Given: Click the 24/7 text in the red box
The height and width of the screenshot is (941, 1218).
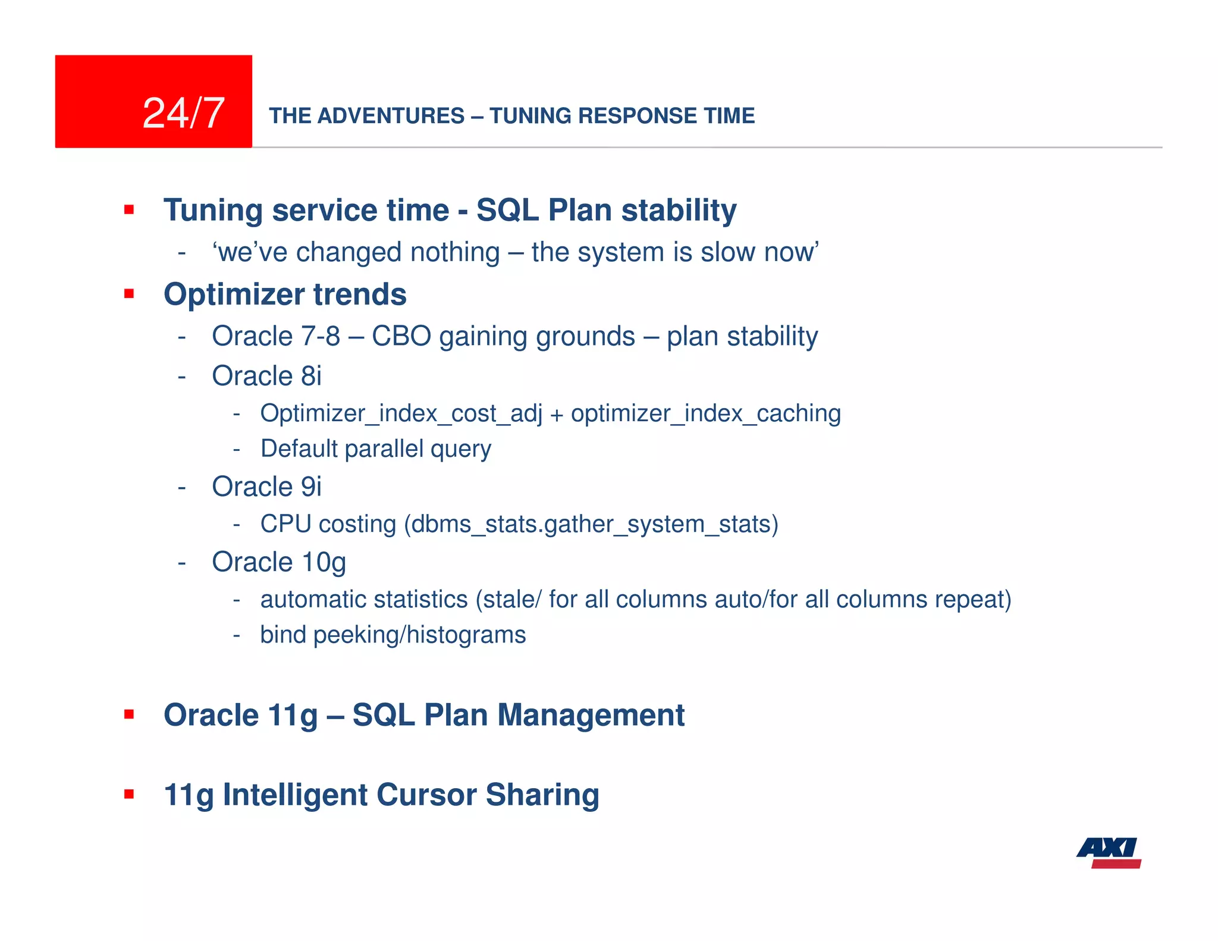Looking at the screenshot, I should coord(183,113).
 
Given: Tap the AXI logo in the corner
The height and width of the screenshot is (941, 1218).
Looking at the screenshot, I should coord(1109,852).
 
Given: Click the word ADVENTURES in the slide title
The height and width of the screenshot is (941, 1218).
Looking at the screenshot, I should coord(391,115).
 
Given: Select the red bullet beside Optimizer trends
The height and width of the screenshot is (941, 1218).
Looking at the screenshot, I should coord(129,294).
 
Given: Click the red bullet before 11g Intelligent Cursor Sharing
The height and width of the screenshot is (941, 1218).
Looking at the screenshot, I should coord(129,794).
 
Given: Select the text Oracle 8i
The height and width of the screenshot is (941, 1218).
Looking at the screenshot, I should coord(266,376).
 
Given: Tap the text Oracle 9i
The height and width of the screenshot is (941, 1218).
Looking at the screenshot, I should coord(266,487).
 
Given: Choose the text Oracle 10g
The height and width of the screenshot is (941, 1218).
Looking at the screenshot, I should coord(278,562).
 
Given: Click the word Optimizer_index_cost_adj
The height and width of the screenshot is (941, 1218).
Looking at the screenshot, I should coord(401,413).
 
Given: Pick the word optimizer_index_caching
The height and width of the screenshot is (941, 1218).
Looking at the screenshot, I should coord(705,413).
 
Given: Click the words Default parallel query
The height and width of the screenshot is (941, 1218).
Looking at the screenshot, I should coord(376,448).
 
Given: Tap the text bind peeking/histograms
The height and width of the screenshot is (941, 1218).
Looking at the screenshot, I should coord(393,635).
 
